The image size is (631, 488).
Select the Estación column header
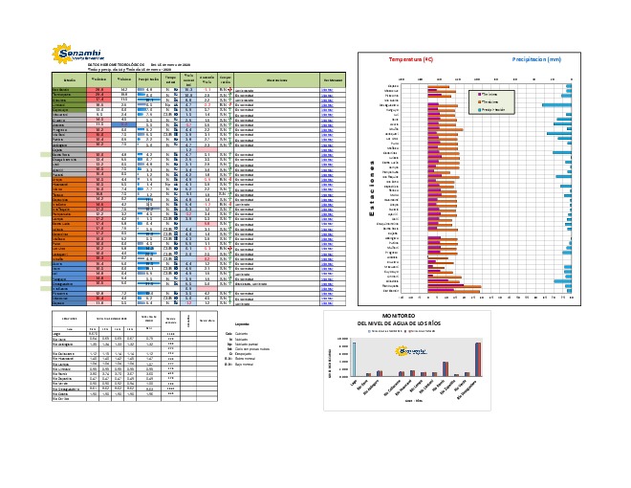[x=68, y=79]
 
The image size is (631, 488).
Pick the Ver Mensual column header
[x=332, y=79]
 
